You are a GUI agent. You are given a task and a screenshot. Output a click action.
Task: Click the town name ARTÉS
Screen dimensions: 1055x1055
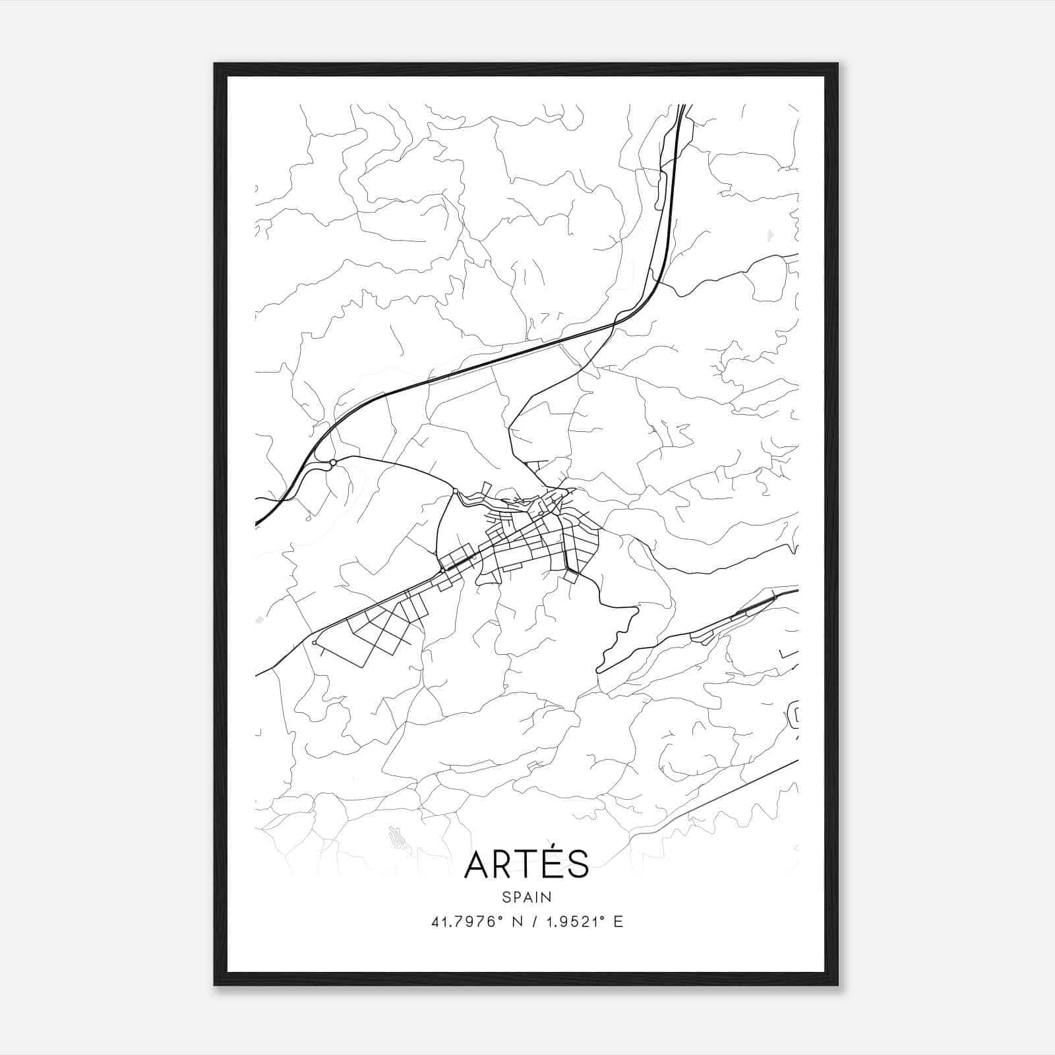pyautogui.click(x=526, y=864)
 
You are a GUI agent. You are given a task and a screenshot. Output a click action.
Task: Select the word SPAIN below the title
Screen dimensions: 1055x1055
pyautogui.click(x=526, y=897)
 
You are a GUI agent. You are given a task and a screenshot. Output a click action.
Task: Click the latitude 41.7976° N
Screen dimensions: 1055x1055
pyautogui.click(x=477, y=922)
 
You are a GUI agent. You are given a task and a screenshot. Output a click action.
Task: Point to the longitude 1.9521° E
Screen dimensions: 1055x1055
pyautogui.click(x=581, y=922)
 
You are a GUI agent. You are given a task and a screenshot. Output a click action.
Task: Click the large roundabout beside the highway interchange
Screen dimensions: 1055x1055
pyautogui.click(x=334, y=462)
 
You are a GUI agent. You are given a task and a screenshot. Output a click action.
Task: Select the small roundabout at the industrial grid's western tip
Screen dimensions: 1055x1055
pyautogui.click(x=315, y=642)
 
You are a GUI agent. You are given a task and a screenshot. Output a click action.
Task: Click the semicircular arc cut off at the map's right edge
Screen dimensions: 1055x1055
pyautogui.click(x=794, y=715)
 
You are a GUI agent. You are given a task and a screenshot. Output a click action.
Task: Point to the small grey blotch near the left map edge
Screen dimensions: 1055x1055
pyautogui.click(x=258, y=620)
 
